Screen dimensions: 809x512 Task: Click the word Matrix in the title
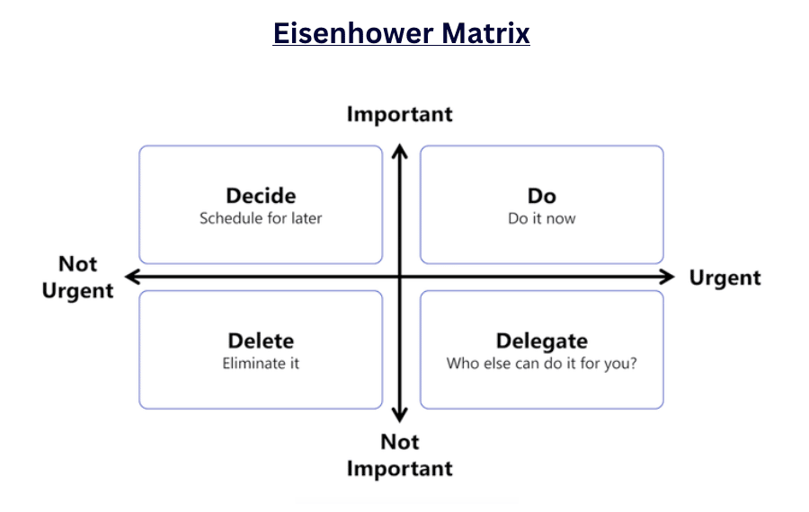[x=485, y=33]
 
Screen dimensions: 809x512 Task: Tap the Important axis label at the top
[x=399, y=114]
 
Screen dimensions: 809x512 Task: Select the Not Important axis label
[x=399, y=455]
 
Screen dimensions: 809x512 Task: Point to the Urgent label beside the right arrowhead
[x=725, y=278]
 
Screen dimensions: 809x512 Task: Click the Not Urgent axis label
[x=78, y=278]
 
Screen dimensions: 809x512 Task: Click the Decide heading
[x=261, y=196]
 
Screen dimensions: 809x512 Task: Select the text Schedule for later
[x=261, y=218]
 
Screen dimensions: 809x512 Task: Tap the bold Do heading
[x=542, y=196]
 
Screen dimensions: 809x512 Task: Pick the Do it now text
[x=542, y=218]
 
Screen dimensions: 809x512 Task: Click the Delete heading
[x=261, y=341]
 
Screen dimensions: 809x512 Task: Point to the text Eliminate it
[x=261, y=364]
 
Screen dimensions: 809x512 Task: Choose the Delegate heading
[x=542, y=341]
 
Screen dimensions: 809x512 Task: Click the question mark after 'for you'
[x=633, y=364]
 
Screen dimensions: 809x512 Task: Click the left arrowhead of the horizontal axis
[x=132, y=277]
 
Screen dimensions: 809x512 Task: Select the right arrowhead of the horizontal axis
[x=668, y=277]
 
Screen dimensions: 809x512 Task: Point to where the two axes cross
[x=400, y=277]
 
